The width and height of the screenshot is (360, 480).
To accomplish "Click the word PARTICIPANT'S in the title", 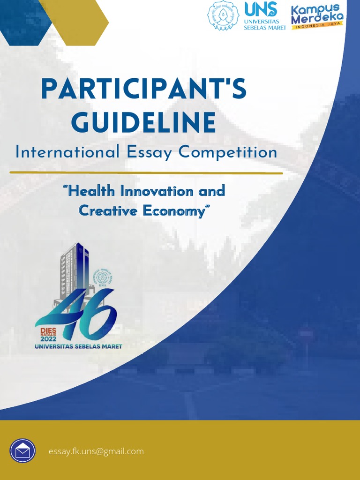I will (143, 90).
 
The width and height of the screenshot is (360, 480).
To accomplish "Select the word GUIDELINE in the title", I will (143, 122).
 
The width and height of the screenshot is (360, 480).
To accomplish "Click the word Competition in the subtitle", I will (228, 152).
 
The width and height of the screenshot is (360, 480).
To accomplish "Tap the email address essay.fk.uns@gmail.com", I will (96, 451).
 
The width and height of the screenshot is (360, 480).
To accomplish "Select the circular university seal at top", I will (223, 16).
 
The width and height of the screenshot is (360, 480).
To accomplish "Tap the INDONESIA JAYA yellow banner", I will (317, 27).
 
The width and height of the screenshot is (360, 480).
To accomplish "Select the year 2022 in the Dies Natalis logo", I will (48, 339).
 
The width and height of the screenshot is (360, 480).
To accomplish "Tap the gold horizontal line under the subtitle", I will (146, 172).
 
